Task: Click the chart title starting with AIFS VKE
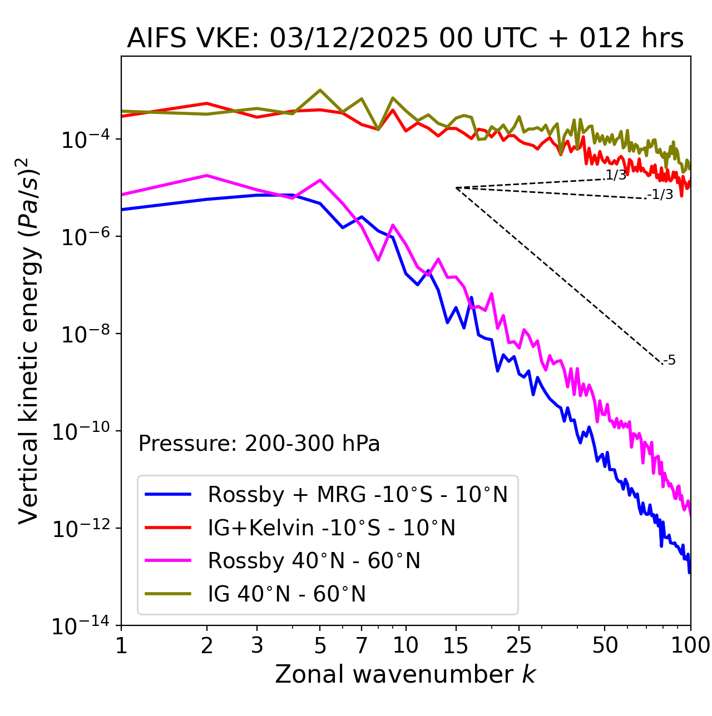point(405,39)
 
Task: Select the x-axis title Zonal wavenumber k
point(405,674)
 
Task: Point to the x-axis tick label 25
point(518,645)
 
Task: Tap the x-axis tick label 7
point(362,645)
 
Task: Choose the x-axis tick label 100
point(690,645)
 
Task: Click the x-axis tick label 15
point(456,645)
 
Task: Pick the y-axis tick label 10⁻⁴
point(83,140)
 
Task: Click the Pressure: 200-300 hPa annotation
point(259,444)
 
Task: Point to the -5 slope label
point(670,360)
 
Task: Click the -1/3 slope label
point(661,195)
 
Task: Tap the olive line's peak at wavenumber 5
point(320,90)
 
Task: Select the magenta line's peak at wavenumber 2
point(207,176)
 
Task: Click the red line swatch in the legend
point(168,528)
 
